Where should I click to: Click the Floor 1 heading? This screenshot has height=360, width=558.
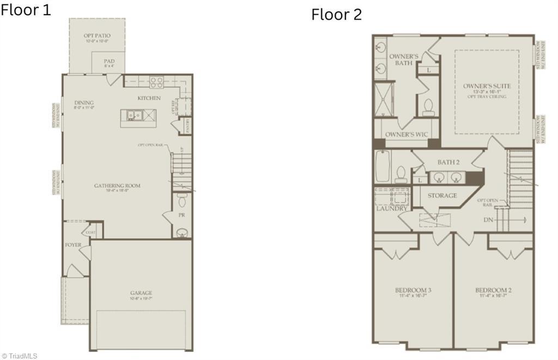[26, 9]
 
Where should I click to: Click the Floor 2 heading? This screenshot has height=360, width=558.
[336, 15]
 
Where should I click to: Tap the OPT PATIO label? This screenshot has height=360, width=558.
[97, 36]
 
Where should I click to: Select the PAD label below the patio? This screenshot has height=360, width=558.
[109, 62]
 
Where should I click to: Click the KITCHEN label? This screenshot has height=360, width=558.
[149, 98]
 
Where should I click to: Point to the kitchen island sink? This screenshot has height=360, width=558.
[134, 115]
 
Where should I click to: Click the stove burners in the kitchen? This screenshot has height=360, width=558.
[157, 82]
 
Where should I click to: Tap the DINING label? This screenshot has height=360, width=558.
[84, 102]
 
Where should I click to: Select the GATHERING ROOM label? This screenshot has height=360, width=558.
[117, 186]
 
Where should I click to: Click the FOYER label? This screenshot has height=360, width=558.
[73, 245]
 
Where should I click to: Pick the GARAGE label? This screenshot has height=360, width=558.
[141, 293]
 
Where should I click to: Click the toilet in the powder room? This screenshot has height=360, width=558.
[182, 202]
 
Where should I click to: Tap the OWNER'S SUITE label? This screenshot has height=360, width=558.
[487, 86]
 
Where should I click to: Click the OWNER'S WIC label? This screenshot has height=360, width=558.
[406, 135]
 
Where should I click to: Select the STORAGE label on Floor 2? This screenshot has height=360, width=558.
[442, 196]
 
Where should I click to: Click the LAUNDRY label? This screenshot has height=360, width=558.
[391, 209]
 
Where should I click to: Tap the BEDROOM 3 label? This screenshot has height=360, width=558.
[413, 290]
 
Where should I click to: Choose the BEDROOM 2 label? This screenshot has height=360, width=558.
[493, 290]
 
